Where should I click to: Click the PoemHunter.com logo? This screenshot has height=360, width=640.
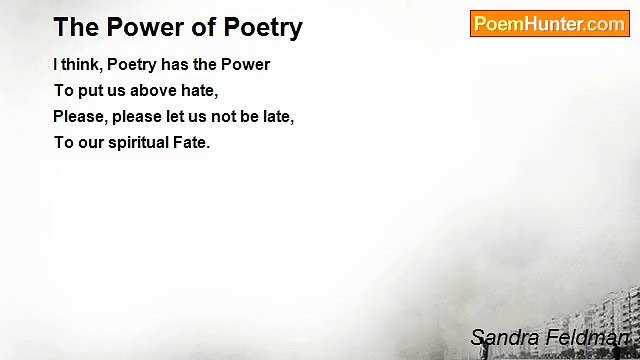(x=549, y=24)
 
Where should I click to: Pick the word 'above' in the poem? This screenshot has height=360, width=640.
(x=152, y=90)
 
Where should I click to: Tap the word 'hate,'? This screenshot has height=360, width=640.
(x=198, y=90)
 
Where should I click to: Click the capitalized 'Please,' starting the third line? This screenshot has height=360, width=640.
(x=79, y=116)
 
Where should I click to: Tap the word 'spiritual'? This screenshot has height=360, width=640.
(x=143, y=142)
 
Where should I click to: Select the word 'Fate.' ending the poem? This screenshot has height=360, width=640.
(x=192, y=142)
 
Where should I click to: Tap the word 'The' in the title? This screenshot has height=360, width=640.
(x=73, y=27)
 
